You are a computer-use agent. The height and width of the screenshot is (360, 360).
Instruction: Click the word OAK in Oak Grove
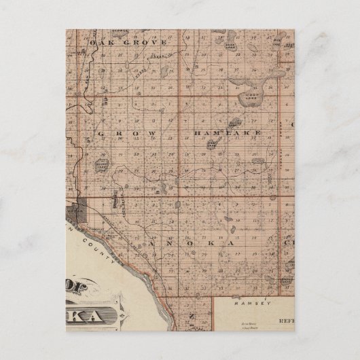[99, 41]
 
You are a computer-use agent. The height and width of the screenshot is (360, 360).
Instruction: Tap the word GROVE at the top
[128, 41]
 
